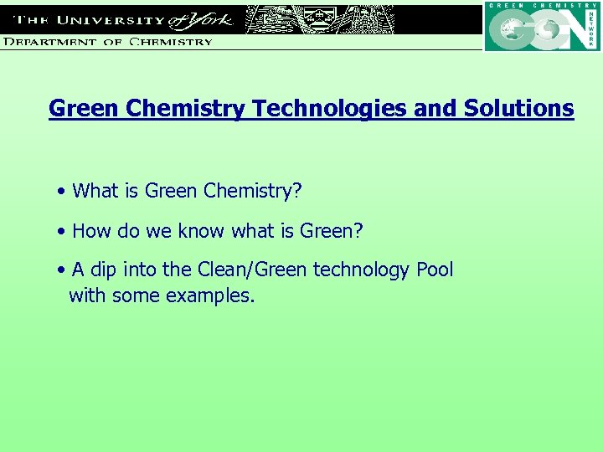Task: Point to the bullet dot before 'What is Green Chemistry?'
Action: coord(63,192)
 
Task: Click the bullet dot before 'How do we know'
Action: coord(63,231)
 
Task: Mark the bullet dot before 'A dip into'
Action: coord(63,270)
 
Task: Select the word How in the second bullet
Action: coord(90,230)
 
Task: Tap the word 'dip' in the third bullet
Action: coord(105,270)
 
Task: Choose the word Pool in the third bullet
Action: coord(434,270)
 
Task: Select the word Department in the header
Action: coord(51,41)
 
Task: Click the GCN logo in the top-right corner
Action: coord(542,28)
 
